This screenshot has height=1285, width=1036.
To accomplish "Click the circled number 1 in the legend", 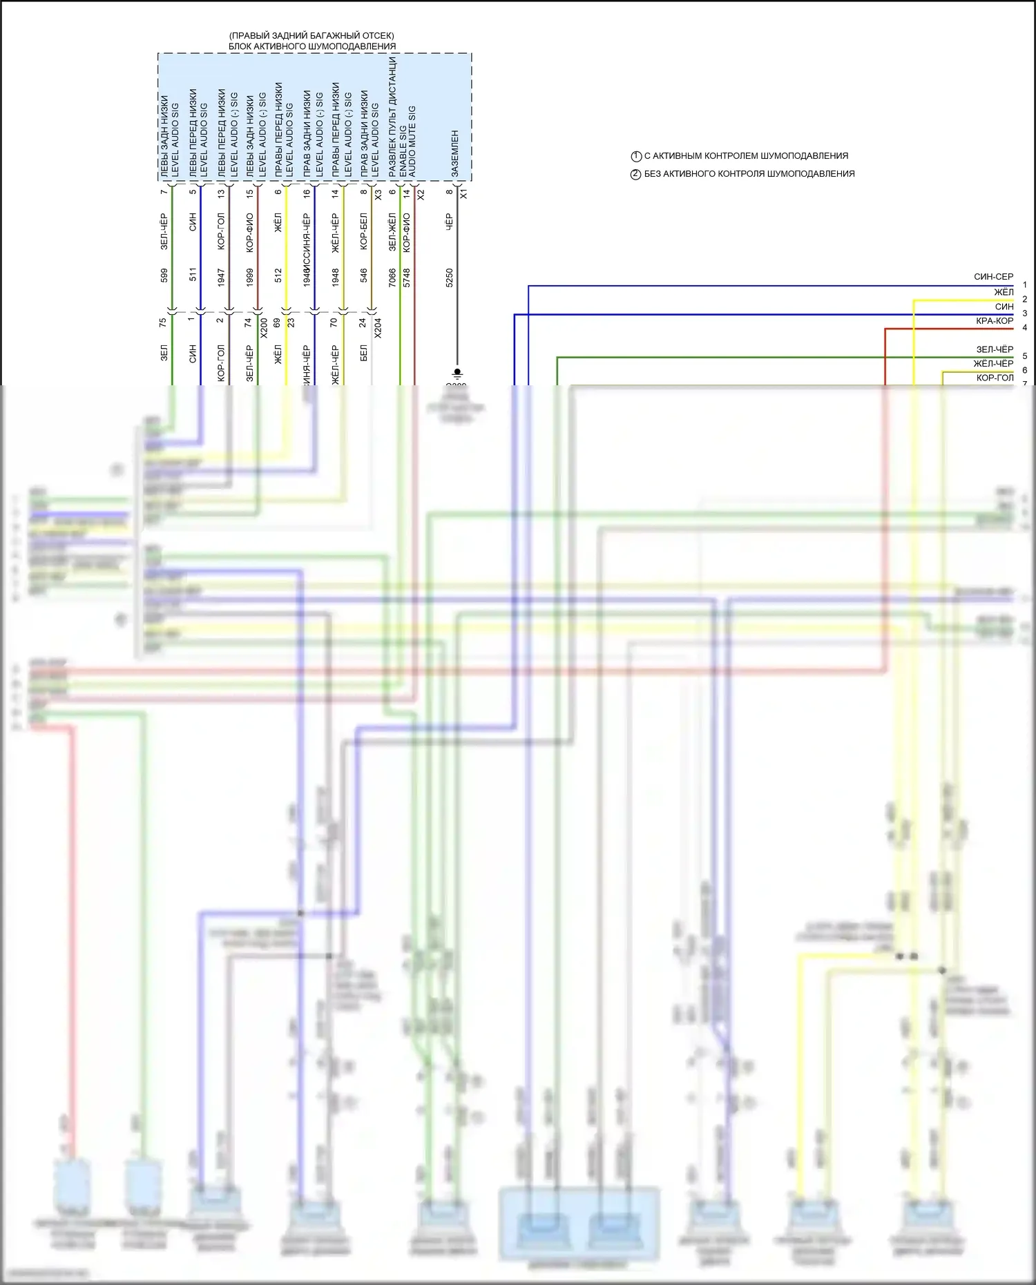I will point(636,156).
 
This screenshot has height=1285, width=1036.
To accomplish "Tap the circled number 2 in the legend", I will point(636,174).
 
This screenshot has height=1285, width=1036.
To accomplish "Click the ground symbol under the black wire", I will point(457,373).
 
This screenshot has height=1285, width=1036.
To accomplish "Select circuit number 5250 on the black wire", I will point(449,278).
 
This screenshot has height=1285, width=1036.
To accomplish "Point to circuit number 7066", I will point(392,278).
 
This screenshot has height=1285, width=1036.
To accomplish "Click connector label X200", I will point(263,327).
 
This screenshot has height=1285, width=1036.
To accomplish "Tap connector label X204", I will point(378,327).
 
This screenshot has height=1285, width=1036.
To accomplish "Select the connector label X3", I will point(378,195).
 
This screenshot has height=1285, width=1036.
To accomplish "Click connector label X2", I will point(421,195).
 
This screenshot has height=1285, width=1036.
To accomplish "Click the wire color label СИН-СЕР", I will point(993,277).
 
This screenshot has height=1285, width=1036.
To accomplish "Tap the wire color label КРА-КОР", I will point(994,321).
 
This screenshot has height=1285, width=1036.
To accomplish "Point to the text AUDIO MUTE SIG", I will point(412,142).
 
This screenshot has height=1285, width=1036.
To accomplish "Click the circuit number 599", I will point(164,276).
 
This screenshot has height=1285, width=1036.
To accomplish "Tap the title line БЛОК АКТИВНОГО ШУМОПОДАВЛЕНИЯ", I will point(312,46).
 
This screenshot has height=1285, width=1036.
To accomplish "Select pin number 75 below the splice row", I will point(163,322).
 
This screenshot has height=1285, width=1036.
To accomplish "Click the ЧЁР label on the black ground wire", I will point(449,222).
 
